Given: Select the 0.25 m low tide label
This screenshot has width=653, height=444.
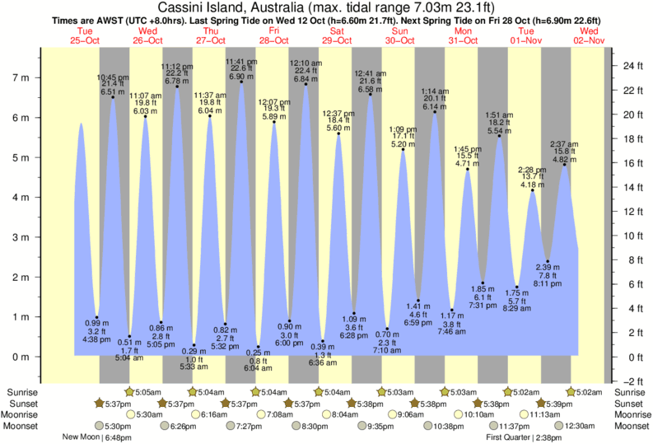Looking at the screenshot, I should pos(261,352).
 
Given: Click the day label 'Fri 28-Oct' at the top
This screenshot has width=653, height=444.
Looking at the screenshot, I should pos(274,35).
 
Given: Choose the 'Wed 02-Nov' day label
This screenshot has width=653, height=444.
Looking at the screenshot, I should pos(590,35).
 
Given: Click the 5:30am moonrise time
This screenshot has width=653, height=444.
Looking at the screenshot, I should pos(151,414).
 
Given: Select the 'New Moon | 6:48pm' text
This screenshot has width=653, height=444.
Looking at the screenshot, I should pos(97,437).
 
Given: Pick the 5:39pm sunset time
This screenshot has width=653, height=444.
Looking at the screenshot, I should pos(556,403).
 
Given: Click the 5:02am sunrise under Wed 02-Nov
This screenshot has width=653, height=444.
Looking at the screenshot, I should pos(587,391).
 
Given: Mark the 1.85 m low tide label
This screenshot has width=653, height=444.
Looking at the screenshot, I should pos(483,288).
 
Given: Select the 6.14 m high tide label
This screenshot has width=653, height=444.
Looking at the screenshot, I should pos(434,106).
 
